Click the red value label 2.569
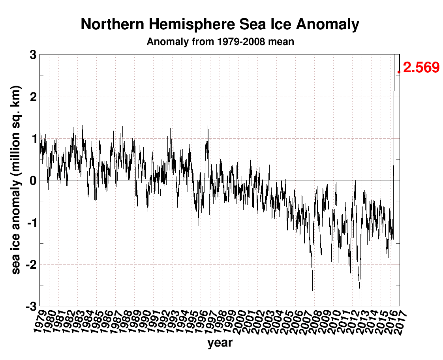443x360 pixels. click(x=421, y=67)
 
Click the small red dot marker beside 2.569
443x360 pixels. click(x=399, y=72)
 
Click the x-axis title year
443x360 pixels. click(x=220, y=343)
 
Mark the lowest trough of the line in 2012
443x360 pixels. click(x=360, y=298)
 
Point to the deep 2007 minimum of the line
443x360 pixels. click(x=313, y=291)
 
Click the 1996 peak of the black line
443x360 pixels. click(x=208, y=126)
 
